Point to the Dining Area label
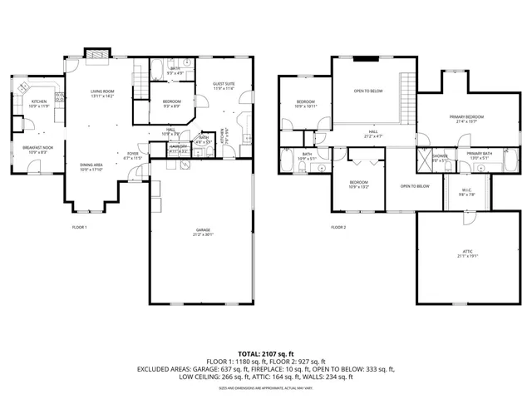click(91, 167)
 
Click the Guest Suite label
click(224, 86)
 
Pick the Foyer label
click(133, 155)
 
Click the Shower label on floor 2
click(440, 157)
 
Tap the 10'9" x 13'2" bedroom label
click(359, 184)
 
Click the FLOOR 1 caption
click(79, 227)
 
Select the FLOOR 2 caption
click(338, 227)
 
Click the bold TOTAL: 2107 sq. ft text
click(266, 354)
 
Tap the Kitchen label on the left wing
click(40, 104)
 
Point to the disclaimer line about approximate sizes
click(266, 387)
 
